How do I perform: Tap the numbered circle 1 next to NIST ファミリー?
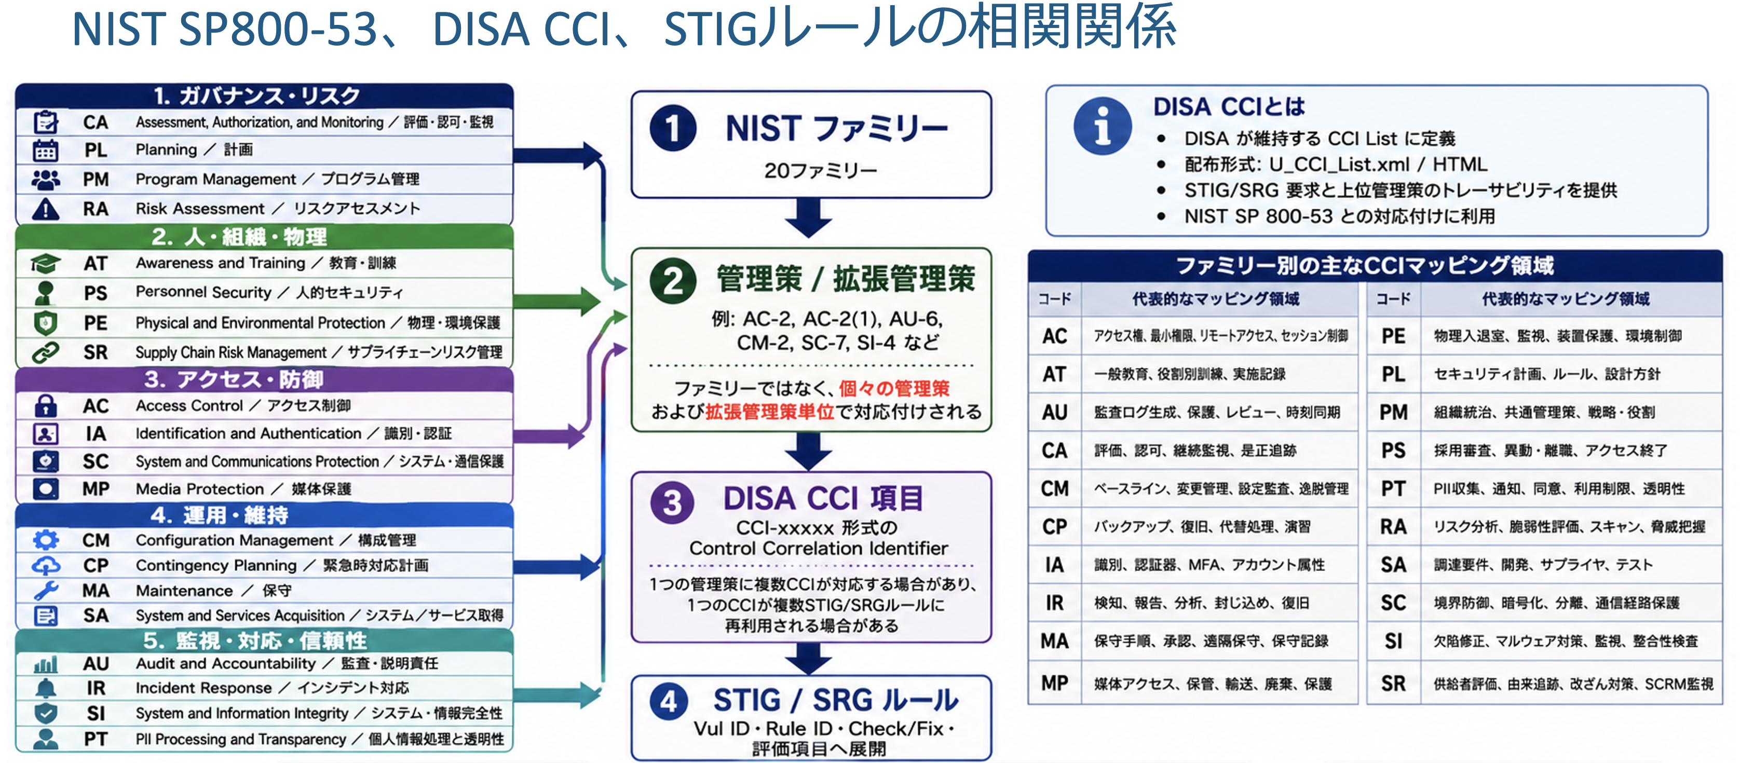[x=673, y=128]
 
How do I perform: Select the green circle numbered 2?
[x=673, y=281]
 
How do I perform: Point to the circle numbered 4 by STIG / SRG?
[x=669, y=702]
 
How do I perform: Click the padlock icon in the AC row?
[x=45, y=406]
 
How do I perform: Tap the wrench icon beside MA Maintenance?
[x=45, y=590]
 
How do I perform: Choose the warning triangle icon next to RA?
[x=45, y=209]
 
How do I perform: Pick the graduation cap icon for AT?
[x=45, y=263]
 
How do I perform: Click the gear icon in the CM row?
[x=45, y=539]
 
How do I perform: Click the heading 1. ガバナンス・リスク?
[x=256, y=96]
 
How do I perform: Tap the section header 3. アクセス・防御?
[x=234, y=379]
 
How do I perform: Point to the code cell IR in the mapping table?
[x=1054, y=603]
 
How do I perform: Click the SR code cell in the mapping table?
[x=1393, y=683]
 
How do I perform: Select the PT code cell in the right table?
[x=1393, y=488]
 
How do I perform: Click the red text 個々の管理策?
[x=894, y=388]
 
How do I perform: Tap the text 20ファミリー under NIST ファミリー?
[x=820, y=171]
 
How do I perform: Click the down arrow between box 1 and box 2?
[x=809, y=217]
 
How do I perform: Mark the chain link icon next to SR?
[x=45, y=352]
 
